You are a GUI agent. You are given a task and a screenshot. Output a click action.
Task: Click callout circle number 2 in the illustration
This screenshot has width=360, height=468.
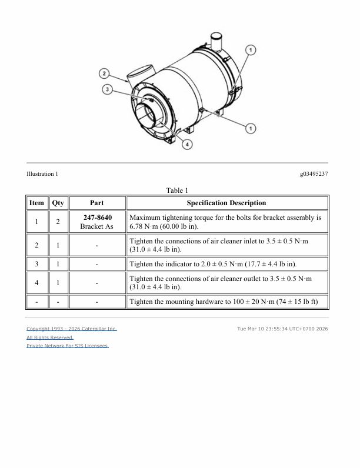click(x=104, y=73)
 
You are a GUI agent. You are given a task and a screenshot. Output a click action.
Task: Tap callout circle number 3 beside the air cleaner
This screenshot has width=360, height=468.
click(x=107, y=89)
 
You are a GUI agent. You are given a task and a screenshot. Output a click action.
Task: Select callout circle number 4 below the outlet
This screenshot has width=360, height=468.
click(x=187, y=145)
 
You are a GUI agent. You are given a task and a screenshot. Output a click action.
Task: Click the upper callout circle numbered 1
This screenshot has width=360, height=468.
click(x=251, y=50)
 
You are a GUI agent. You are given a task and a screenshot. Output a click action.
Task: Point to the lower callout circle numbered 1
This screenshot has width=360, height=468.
click(x=251, y=128)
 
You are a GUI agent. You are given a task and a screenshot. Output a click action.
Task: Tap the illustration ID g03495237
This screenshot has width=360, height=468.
click(x=314, y=173)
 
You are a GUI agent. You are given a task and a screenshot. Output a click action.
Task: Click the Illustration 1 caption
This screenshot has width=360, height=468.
click(x=42, y=173)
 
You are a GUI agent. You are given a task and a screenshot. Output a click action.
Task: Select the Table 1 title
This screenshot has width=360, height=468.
click(x=177, y=190)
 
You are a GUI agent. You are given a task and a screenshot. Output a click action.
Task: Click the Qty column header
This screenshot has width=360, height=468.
click(x=58, y=203)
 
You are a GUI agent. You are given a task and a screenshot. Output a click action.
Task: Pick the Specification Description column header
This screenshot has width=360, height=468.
click(x=226, y=203)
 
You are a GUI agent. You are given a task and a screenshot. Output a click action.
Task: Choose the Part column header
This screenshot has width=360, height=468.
click(x=96, y=203)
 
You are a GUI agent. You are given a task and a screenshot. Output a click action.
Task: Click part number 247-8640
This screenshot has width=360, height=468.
click(x=98, y=218)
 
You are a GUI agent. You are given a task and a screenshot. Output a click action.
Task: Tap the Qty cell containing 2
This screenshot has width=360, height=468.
click(x=58, y=222)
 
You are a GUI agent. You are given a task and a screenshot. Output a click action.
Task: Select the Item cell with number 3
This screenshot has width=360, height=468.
click(x=36, y=264)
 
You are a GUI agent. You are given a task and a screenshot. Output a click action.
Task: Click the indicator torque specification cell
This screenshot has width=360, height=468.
click(x=227, y=264)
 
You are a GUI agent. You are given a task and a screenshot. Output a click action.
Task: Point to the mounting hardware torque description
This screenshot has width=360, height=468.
click(x=224, y=302)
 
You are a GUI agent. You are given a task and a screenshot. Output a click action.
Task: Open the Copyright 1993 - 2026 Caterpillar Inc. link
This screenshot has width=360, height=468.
click(x=72, y=329)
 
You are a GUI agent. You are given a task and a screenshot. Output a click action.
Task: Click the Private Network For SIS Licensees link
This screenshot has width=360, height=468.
click(x=68, y=346)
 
